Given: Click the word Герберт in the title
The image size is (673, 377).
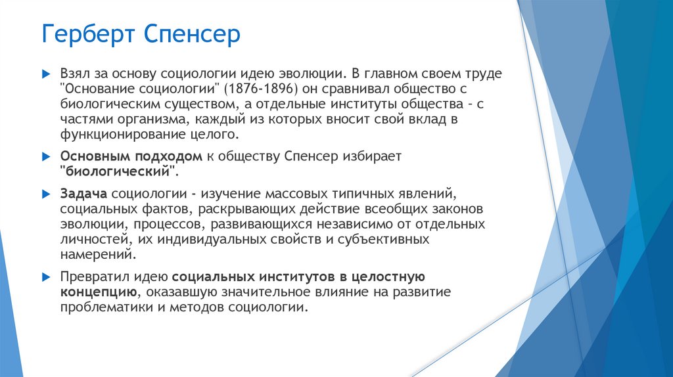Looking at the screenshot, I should coord(85,34).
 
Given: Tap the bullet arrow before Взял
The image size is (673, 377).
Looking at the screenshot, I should coord(45,73).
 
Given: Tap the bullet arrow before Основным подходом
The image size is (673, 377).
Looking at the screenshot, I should coord(45,157).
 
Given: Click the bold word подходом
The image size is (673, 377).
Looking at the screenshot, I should coord(179,156).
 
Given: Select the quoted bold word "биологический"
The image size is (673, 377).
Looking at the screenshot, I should coord(119,171).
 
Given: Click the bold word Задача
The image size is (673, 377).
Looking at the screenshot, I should coord(84,194).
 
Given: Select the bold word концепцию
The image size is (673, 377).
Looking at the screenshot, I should coord(99,292).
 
